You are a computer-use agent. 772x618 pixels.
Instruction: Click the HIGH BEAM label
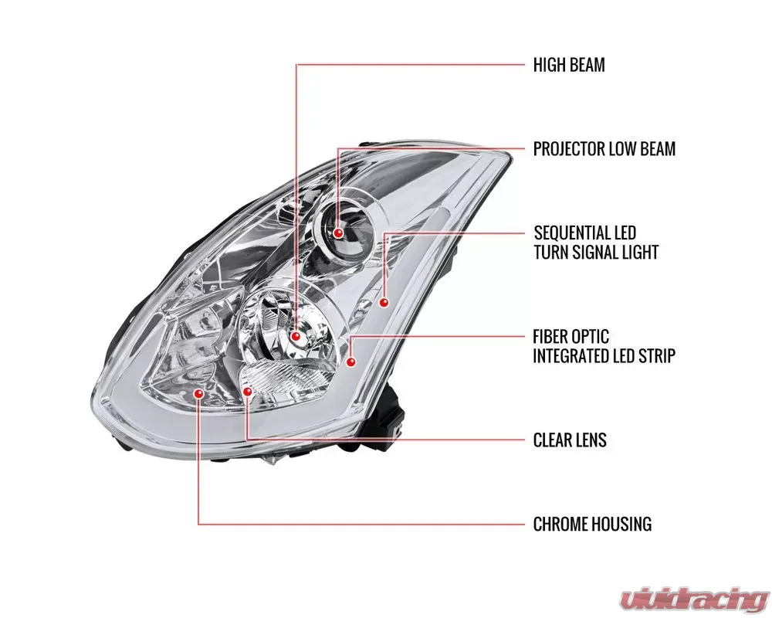[569, 65]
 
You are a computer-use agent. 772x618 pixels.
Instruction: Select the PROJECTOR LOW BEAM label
[604, 148]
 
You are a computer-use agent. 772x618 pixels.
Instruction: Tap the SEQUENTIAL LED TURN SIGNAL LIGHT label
[596, 242]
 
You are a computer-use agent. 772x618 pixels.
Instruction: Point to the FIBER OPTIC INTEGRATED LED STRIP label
[604, 346]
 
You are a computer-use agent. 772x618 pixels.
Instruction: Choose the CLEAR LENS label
[570, 440]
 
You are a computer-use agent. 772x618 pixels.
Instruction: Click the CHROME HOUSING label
[592, 524]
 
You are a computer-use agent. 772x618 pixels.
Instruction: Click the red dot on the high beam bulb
[297, 337]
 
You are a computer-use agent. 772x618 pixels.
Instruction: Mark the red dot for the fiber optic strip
[351, 362]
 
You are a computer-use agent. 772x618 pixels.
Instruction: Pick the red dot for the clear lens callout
[247, 392]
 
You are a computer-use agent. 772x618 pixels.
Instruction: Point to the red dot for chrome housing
[199, 393]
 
